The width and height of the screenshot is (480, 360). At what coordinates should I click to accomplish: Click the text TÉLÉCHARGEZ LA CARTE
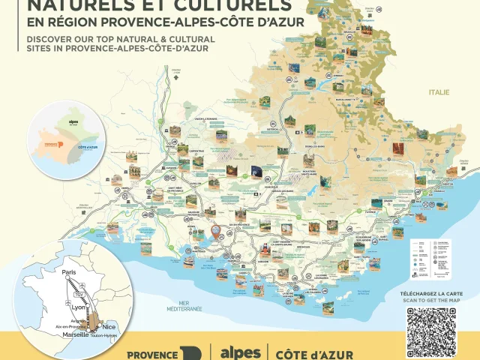432,292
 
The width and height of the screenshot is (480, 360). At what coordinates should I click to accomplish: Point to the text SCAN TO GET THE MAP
432,299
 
